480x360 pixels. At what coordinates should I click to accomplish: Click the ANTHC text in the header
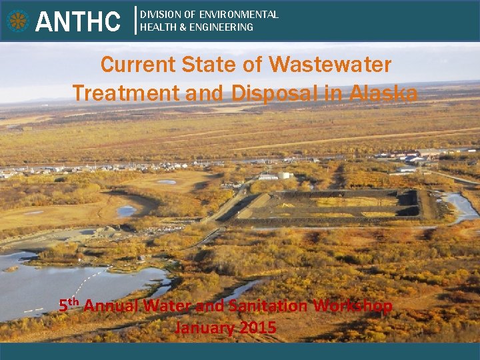click(78, 21)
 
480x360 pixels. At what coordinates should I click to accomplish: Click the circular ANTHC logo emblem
click(18, 21)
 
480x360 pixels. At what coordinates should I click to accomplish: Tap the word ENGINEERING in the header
click(223, 27)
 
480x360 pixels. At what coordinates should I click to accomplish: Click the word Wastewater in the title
click(330, 65)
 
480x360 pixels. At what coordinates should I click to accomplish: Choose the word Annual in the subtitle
click(111, 306)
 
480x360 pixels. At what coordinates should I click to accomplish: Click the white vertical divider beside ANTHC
click(136, 20)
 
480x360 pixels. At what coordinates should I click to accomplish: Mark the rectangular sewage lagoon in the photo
click(327, 204)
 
